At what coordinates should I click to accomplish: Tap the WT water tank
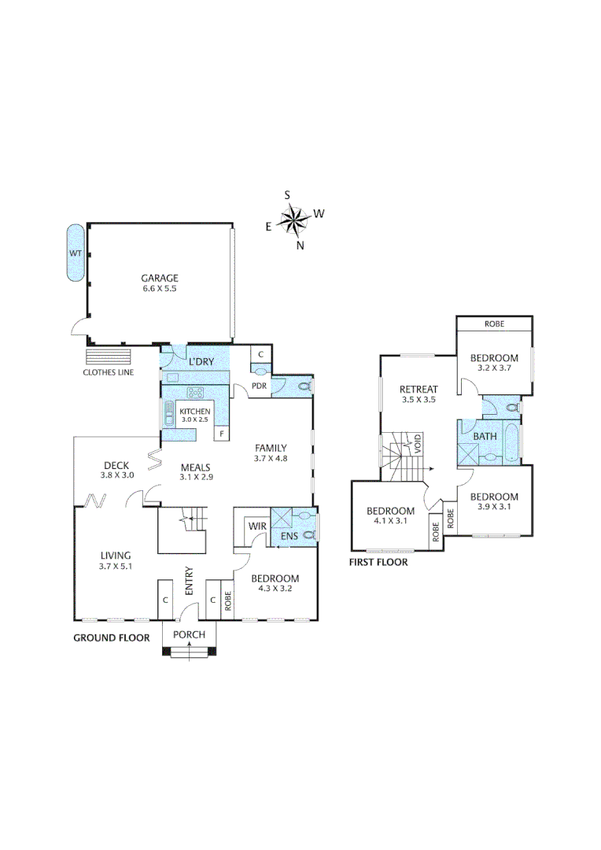76,253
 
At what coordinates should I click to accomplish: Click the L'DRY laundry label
202,361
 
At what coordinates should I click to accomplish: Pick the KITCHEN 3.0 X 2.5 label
195,416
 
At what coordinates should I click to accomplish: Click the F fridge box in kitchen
223,434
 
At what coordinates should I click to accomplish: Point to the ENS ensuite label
288,538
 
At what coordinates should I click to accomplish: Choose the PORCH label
190,635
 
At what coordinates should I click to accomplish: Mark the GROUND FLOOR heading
111,637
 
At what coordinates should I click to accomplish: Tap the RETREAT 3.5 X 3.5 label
418,394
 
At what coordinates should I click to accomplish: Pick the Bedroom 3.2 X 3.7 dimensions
495,368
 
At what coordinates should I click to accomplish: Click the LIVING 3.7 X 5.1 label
114,560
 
